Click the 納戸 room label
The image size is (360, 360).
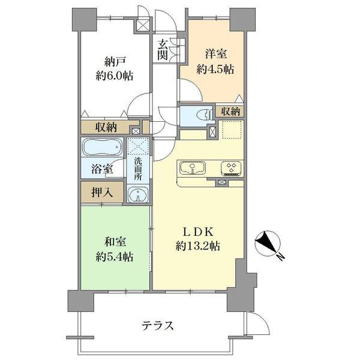pyautogui.click(x=113, y=60)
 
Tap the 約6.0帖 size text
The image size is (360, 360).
pyautogui.click(x=113, y=76)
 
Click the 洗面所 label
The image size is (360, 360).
pyautogui.click(x=138, y=169)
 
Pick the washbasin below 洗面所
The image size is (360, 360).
pyautogui.click(x=139, y=196)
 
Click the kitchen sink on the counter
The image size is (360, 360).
pyautogui.click(x=192, y=167)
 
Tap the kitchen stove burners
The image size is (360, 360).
pyautogui.click(x=230, y=167)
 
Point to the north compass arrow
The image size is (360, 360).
pyautogui.click(x=265, y=244)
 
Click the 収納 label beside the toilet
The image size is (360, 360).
pyautogui.click(x=230, y=111)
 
